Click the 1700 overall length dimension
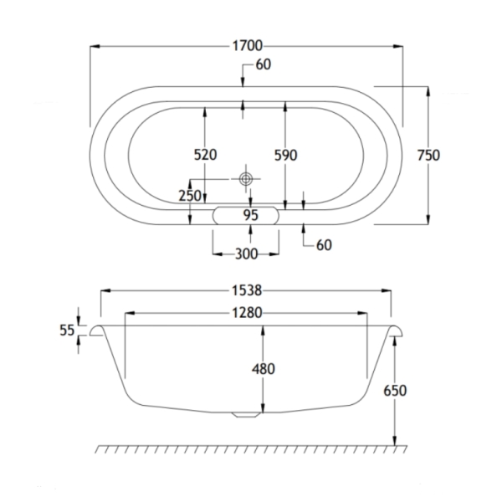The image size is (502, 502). tap(247, 46)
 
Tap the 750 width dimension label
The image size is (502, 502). tap(428, 156)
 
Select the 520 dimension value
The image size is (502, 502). tap(205, 155)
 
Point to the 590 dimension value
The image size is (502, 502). tap(286, 155)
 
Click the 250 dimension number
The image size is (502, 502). tap(190, 196)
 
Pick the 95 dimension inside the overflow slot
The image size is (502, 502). tap(250, 215)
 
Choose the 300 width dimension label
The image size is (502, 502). tap(246, 254)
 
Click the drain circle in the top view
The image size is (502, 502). tap(246, 179)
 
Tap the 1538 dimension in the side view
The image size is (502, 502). tap(247, 290)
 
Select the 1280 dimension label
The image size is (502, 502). tap(247, 313)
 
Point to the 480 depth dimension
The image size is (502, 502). tap(264, 369)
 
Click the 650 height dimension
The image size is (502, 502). tap(395, 391)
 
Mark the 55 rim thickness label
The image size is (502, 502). tap(67, 330)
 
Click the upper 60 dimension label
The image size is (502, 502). tap(264, 64)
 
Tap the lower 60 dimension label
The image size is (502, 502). tap(324, 245)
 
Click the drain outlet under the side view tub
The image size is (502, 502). tap(246, 415)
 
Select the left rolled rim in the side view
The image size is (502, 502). tap(96, 330)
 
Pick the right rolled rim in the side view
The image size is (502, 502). tap(396, 330)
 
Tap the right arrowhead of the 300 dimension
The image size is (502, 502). tap(274, 254)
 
